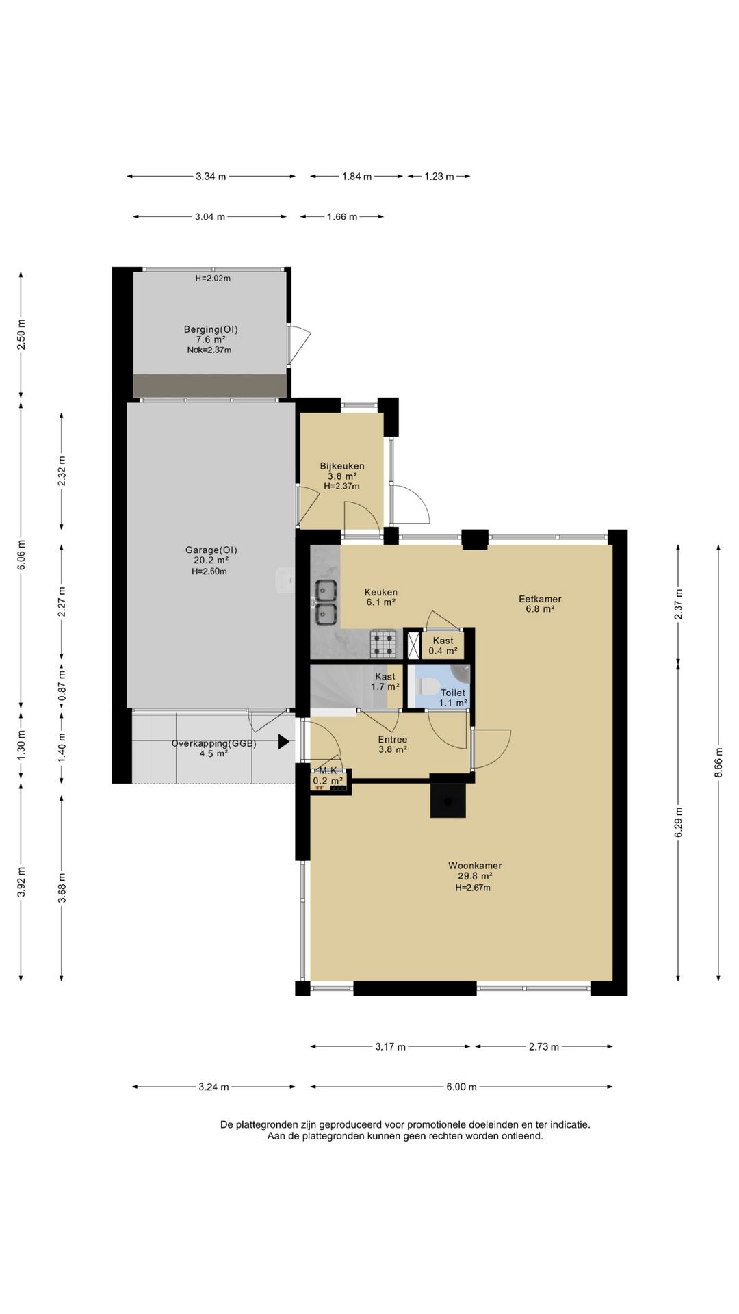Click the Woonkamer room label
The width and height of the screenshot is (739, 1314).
(x=475, y=866)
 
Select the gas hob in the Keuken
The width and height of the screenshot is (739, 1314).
(x=383, y=643)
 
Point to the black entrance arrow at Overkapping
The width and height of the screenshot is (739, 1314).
(x=283, y=742)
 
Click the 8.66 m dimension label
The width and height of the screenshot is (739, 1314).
(x=718, y=770)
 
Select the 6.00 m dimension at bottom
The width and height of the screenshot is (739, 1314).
(x=461, y=1087)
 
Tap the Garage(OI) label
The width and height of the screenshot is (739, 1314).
(x=211, y=550)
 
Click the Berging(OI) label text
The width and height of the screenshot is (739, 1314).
(x=211, y=329)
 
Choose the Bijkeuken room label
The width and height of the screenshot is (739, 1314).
(x=342, y=466)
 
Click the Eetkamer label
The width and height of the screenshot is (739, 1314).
(x=539, y=599)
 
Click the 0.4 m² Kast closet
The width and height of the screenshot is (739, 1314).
(x=443, y=645)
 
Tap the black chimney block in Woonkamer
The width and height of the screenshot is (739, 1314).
(x=448, y=799)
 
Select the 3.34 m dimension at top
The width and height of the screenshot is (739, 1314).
(x=211, y=177)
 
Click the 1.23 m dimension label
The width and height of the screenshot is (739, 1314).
(x=439, y=177)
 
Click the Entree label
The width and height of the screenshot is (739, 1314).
(x=393, y=740)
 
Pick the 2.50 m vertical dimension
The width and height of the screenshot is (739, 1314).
(x=21, y=335)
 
